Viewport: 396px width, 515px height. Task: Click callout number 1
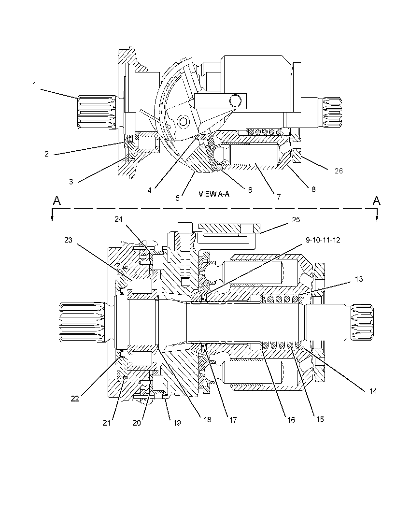point(34,85)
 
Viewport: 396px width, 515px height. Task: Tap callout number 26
point(339,171)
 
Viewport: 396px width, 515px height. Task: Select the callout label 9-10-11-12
point(323,240)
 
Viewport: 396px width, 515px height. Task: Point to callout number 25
point(296,220)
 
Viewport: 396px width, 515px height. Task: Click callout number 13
point(359,279)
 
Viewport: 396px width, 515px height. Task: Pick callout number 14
point(373,391)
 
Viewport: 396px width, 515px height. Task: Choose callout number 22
point(75,399)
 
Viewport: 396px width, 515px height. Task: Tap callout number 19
point(177,423)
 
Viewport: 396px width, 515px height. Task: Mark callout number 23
point(68,240)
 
